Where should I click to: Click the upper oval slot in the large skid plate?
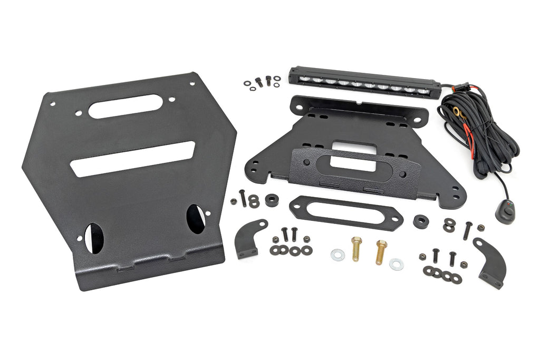(125, 106)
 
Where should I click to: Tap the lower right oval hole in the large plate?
(196, 219)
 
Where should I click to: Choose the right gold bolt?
(380, 251)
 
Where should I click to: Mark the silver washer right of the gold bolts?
(397, 264)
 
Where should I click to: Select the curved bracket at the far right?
(489, 262)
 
